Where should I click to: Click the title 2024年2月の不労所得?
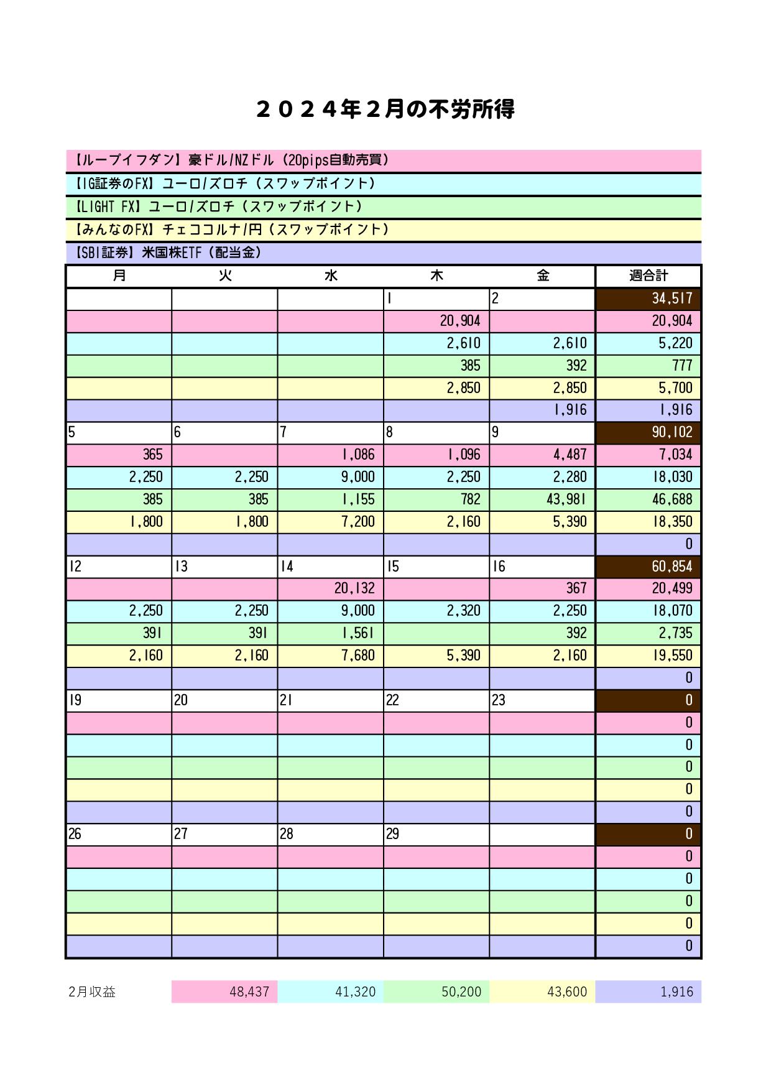[x=385, y=110]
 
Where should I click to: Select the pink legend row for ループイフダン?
[x=383, y=160]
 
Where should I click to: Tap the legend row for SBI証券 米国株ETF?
[x=383, y=253]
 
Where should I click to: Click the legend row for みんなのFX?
[x=383, y=230]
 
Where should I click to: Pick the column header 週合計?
[x=648, y=276]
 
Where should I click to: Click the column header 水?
[x=330, y=276]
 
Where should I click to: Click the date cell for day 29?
[x=436, y=834]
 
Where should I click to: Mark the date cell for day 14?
[x=330, y=567]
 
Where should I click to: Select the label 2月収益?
[x=93, y=992]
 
